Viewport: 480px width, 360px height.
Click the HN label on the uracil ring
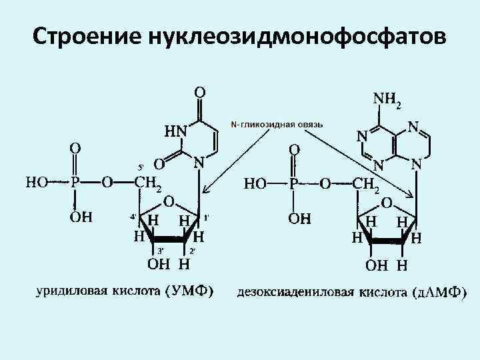tap(175, 131)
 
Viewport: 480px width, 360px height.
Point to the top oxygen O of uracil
tap(199, 89)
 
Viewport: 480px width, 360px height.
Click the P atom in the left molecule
tap(75, 183)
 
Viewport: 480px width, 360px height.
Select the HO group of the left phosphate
tap(37, 183)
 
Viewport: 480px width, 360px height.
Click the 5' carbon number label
tap(141, 167)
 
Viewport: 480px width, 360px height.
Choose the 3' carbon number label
tap(160, 250)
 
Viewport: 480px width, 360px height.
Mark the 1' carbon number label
tap(207, 217)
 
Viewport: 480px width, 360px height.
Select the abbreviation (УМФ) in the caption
tap(188, 291)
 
